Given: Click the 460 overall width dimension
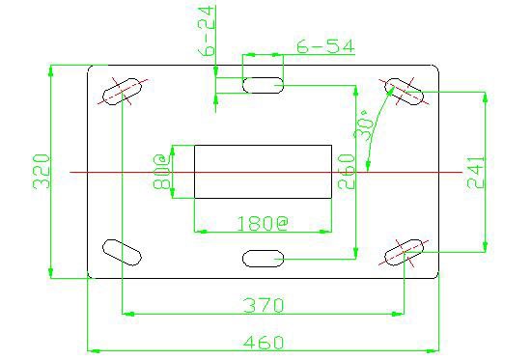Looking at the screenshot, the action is point(264,342).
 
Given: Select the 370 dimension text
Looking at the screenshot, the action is point(264,305).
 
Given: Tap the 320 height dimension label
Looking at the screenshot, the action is point(42,172).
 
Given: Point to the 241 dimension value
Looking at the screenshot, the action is point(475,172).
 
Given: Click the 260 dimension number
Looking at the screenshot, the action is point(346,172).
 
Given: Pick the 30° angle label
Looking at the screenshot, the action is point(364,125).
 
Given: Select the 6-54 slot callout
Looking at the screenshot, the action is point(325,46).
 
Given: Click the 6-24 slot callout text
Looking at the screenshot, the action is point(206,31).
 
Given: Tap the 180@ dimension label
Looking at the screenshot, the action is point(262,223).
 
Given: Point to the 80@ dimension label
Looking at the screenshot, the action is point(161,172).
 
